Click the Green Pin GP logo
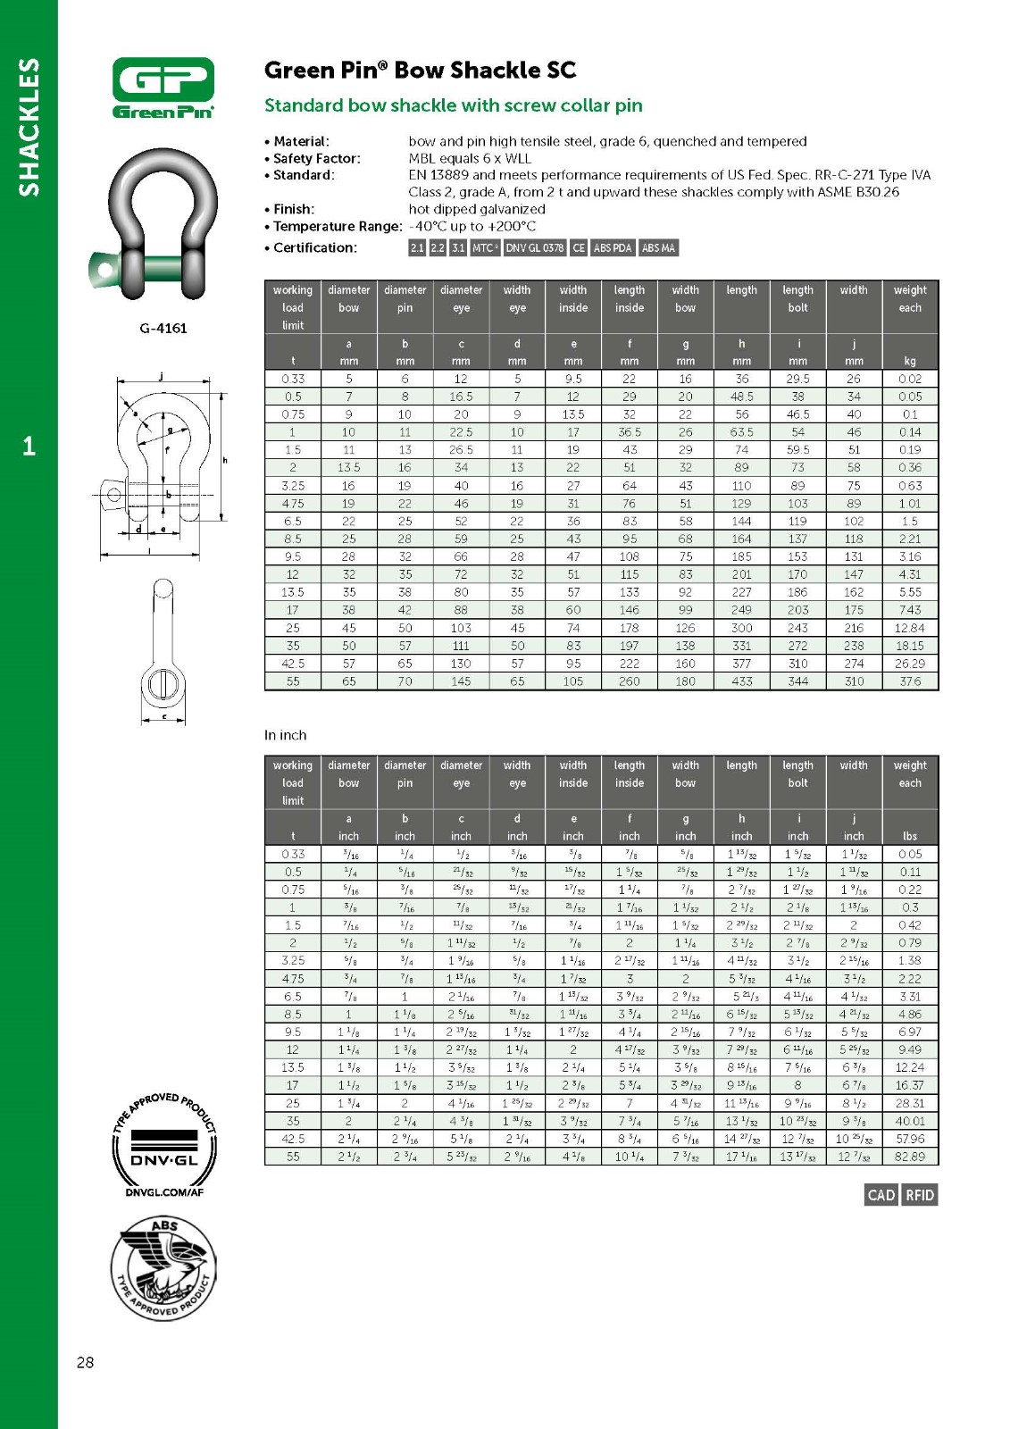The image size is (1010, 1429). coord(163,87)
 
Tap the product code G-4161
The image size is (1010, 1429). coord(163,328)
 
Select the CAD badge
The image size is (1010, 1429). coord(881,1195)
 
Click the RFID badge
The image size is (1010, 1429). coord(920,1195)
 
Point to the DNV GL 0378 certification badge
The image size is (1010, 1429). coord(534,247)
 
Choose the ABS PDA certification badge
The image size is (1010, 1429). coord(613,247)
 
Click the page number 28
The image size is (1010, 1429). coord(85,1362)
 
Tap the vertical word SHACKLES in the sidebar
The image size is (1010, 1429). coord(29,127)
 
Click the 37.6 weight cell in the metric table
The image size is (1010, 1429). coord(909,681)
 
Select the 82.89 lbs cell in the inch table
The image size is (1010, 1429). coord(909,1157)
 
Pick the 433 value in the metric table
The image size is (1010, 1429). coord(741,681)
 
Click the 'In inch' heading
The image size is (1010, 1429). coord(285,735)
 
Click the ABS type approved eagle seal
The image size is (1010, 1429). coord(163,1268)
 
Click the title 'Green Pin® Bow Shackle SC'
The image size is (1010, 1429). coord(420,71)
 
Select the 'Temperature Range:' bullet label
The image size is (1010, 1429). coord(337,227)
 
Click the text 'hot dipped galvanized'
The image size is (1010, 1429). coord(476,209)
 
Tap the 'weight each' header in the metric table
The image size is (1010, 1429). coord(909,299)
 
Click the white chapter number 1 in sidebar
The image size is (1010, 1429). coord(29,446)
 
